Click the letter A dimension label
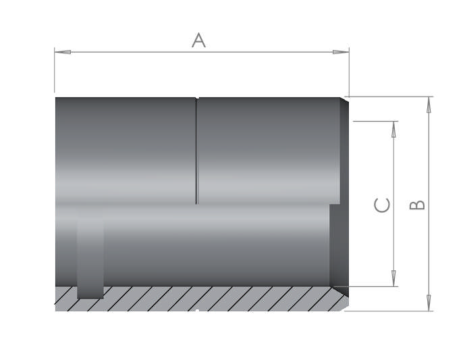click(x=198, y=41)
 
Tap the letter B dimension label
click(x=418, y=204)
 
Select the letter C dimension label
click(x=382, y=205)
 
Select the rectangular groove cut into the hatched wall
click(x=90, y=257)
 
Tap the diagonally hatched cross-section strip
click(x=202, y=299)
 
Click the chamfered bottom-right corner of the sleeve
click(x=344, y=306)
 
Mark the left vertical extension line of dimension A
click(x=55, y=71)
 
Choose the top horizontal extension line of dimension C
click(x=375, y=122)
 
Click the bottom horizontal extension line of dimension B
click(x=391, y=311)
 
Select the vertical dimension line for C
click(x=394, y=203)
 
